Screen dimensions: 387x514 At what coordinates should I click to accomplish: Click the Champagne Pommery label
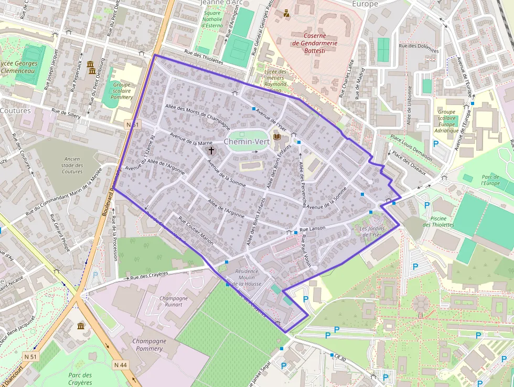[149, 344]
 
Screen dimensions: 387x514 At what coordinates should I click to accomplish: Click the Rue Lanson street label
[313, 228]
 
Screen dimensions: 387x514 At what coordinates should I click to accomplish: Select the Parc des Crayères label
[80, 379]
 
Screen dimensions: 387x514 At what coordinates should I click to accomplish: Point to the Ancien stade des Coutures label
[72, 165]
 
